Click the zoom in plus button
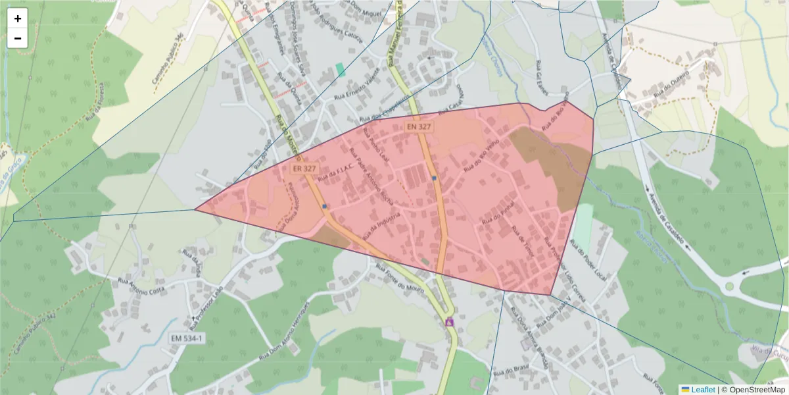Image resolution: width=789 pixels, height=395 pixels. [18, 18]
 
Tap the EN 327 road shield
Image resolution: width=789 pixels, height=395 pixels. [418, 126]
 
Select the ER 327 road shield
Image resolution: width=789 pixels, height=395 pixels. [304, 169]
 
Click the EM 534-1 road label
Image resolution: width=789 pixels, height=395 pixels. [187, 338]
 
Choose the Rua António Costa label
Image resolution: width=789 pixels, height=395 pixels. [141, 286]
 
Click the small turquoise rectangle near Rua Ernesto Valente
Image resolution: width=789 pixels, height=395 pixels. [340, 68]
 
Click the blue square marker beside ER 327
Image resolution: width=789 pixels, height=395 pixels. [325, 206]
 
